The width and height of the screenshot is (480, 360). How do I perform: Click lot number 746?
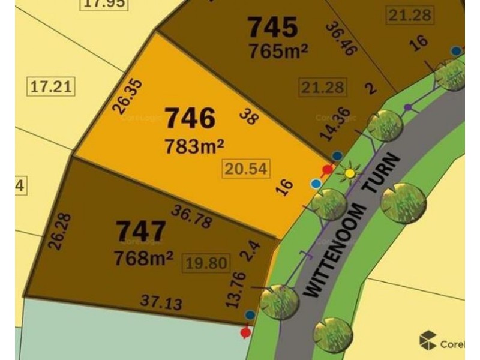pyautogui.click(x=190, y=118)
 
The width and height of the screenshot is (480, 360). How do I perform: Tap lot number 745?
pyautogui.click(x=272, y=26)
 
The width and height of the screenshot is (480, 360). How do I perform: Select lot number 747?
pyautogui.click(x=140, y=230)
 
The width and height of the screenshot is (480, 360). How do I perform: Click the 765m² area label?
pyautogui.click(x=278, y=52)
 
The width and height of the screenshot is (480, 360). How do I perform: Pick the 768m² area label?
pyautogui.click(x=144, y=258)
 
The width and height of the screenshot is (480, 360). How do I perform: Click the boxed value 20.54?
pyautogui.click(x=241, y=169)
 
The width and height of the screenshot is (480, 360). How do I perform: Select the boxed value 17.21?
pyautogui.click(x=52, y=87)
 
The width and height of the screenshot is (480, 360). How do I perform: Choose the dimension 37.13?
pyautogui.click(x=160, y=302)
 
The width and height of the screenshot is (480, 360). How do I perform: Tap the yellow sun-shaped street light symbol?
pyautogui.click(x=349, y=174)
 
